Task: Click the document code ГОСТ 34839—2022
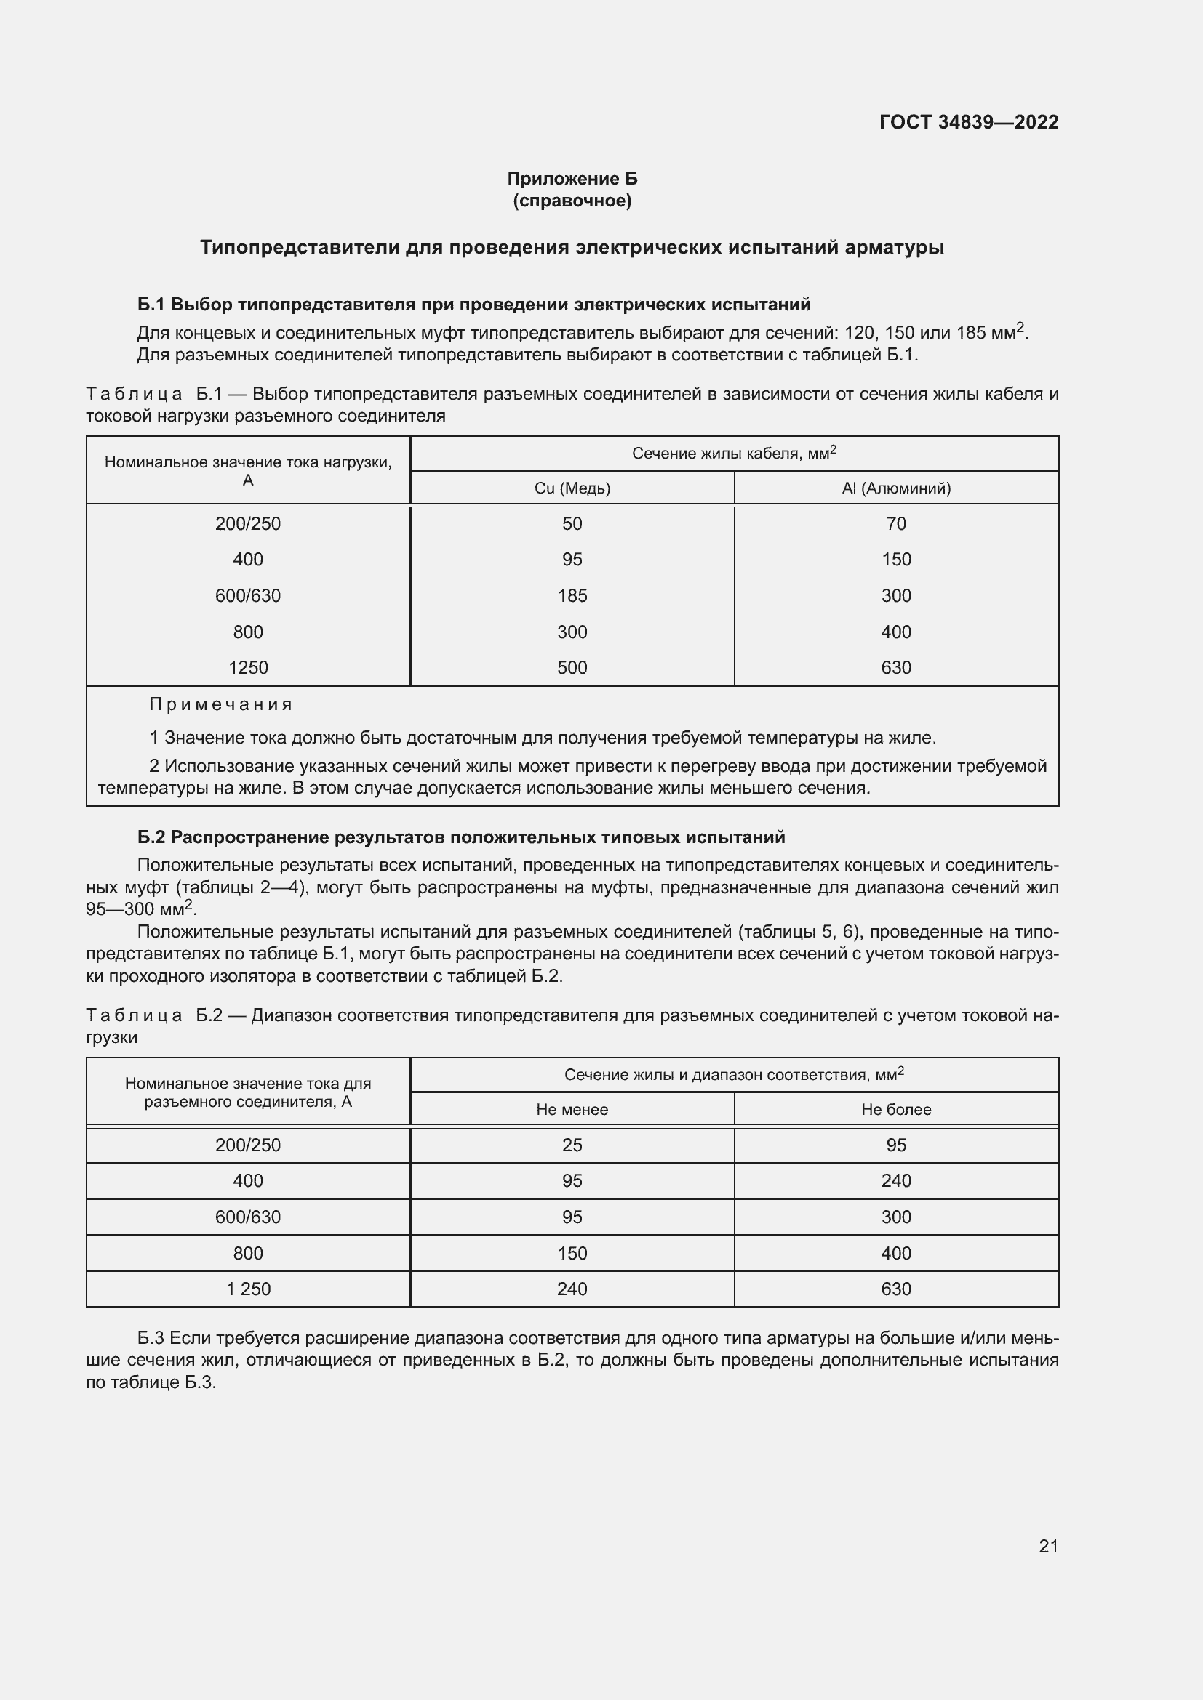968,122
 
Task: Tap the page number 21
1048,1546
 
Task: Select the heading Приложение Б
572,179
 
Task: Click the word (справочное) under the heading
572,201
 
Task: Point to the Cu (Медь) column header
572,488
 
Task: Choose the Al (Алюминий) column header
896,488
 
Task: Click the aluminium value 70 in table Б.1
895,523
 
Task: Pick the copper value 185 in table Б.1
572,595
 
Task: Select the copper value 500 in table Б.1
572,667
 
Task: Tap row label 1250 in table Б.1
248,667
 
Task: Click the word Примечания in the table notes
221,704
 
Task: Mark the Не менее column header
572,1109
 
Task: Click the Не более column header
896,1109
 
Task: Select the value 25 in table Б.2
572,1145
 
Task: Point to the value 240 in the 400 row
895,1180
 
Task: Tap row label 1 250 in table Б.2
248,1289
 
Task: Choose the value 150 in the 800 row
572,1253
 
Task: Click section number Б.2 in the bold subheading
152,837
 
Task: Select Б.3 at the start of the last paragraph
151,1338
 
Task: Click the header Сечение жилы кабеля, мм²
733,453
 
